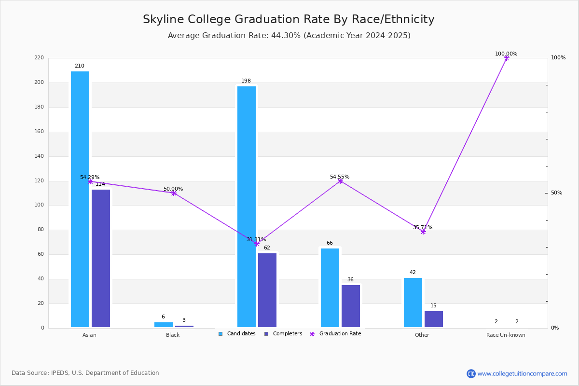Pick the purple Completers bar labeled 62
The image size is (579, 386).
267,290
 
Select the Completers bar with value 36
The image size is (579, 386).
351,306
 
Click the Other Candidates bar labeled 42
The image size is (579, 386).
413,303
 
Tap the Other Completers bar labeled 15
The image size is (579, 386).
434,319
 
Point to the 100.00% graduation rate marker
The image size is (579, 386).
507,58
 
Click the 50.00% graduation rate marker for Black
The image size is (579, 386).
174,193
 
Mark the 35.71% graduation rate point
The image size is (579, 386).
423,232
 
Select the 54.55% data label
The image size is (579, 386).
340,177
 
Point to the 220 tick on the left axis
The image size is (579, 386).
39,58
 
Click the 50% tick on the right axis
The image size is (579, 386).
556,193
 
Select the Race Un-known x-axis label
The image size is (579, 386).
506,335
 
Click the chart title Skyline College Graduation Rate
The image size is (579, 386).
289,19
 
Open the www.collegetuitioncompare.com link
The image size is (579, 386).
522,373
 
